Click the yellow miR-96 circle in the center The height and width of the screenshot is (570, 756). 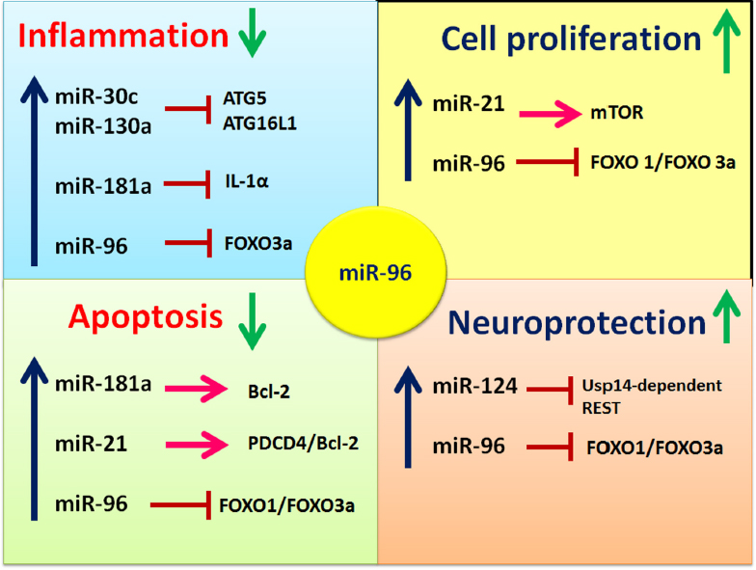376,272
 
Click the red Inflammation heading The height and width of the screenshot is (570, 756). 123,36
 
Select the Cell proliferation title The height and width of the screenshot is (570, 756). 571,39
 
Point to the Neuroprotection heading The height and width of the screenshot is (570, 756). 577,322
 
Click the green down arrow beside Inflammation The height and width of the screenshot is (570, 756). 253,35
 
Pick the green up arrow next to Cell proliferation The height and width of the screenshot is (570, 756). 727,41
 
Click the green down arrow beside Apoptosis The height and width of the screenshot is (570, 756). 253,321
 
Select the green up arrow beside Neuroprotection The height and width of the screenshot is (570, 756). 727,316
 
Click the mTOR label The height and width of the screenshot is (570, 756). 617,112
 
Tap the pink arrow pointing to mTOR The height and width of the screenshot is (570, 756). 550,114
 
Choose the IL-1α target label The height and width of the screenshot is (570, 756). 247,181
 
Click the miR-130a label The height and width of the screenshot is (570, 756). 103,126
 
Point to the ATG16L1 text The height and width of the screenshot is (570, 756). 259,123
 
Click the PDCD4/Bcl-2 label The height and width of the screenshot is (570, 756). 303,443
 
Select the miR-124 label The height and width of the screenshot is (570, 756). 474,386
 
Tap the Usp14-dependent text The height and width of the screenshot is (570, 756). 652,386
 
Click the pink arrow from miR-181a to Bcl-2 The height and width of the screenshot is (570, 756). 196,388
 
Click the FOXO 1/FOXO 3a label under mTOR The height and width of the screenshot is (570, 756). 663,162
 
